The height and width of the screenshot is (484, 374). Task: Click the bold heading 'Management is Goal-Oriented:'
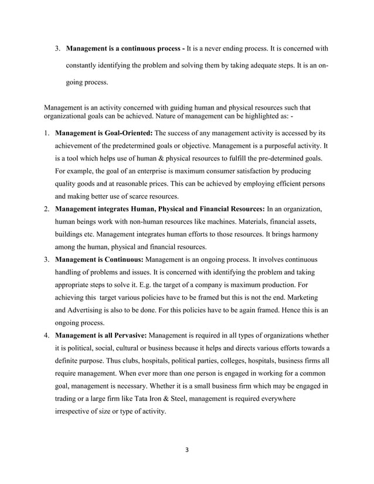click(104, 133)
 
